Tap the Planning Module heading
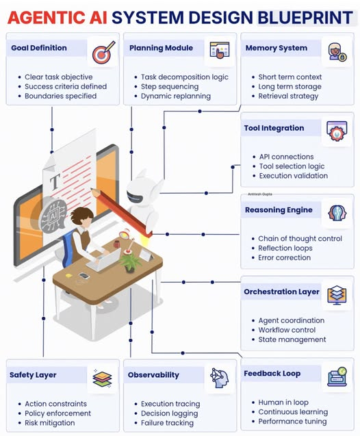(x=161, y=48)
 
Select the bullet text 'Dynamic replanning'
(x=176, y=96)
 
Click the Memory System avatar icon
(x=337, y=52)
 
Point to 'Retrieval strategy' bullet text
(x=288, y=96)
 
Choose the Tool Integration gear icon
(x=337, y=131)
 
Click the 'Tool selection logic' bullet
(x=292, y=166)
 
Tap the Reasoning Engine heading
(x=279, y=210)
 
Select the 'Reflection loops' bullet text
(x=285, y=248)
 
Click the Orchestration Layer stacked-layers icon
(x=337, y=295)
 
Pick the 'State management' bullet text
(x=292, y=339)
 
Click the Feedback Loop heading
(x=272, y=374)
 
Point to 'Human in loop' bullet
(x=283, y=402)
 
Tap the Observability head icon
(x=219, y=378)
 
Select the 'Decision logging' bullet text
(x=169, y=413)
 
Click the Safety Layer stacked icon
(x=102, y=379)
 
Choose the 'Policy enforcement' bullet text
(x=57, y=413)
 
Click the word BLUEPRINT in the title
(x=305, y=18)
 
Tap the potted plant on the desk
(x=130, y=261)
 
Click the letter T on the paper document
(x=55, y=181)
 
